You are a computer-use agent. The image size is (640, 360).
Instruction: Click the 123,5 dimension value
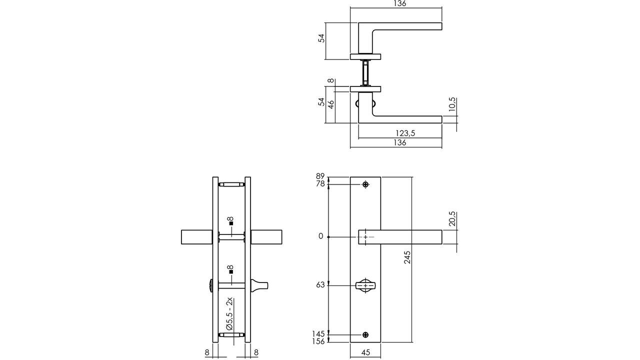pos(405,133)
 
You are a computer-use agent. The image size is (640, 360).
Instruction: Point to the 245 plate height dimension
pos(407,257)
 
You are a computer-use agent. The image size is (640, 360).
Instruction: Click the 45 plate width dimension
pos(365,352)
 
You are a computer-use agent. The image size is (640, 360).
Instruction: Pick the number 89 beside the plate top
pos(320,176)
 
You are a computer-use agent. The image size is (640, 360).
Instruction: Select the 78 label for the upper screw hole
pos(320,184)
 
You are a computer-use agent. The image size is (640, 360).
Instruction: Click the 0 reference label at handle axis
pos(321,236)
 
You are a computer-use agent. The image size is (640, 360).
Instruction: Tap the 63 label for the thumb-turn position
pos(320,285)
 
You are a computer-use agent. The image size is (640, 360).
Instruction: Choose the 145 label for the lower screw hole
pos(318,333)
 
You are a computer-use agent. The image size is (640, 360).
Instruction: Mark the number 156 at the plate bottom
pos(318,341)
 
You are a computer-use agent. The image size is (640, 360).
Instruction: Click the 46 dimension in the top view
pos(330,104)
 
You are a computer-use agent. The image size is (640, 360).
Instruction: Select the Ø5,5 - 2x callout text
pos(229,314)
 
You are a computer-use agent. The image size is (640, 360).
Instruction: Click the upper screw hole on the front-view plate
pos(366,185)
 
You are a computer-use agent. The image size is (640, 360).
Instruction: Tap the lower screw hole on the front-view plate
pos(366,334)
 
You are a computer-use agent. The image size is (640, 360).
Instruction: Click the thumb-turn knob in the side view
pos(260,285)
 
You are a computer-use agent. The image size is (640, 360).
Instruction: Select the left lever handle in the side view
pos(197,237)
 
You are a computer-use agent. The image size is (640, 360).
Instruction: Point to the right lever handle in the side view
pos(266,237)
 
